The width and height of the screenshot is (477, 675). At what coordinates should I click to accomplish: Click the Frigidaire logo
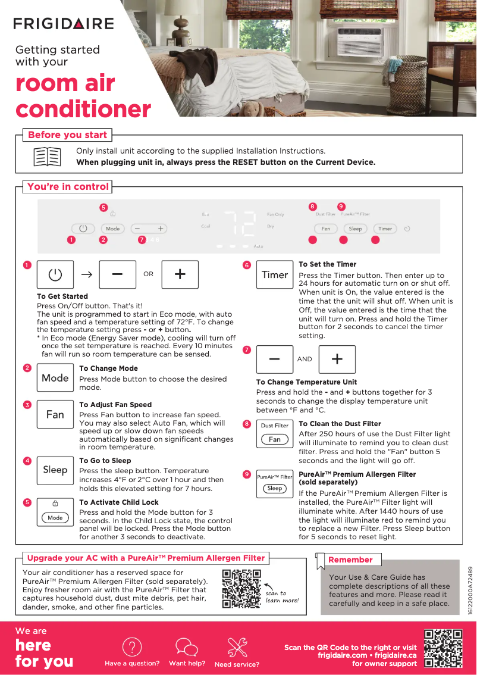64,24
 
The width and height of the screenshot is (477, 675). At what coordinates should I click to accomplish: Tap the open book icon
46,157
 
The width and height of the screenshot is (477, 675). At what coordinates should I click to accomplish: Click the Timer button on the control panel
385,229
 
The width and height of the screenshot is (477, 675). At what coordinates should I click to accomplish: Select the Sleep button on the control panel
355,229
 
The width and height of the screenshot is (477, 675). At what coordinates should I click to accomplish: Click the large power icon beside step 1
55,274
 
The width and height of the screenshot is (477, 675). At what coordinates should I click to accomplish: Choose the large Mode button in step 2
55,378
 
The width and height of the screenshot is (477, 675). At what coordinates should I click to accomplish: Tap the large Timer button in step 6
275,275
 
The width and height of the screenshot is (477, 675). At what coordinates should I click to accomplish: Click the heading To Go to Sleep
105,461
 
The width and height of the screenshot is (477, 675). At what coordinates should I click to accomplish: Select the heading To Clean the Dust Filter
340,424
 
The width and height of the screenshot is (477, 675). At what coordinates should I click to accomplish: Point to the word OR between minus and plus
148,274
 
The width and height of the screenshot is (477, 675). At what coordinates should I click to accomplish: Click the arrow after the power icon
87,274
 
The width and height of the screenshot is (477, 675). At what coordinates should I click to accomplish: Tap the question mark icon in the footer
131,647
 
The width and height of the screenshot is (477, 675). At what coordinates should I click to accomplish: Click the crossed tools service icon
237,647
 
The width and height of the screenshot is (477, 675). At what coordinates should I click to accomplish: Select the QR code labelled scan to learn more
241,589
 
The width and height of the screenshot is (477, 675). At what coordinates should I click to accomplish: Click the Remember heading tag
350,560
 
